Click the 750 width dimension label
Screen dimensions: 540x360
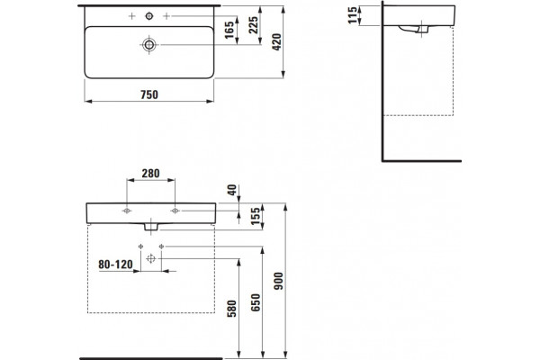coord(149,94)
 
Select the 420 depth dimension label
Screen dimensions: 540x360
coord(277,42)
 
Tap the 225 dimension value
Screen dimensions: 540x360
coord(254,25)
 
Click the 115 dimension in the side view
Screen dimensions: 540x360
coord(353,15)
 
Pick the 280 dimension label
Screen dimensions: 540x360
coord(150,174)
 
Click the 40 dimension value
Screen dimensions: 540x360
coord(232,190)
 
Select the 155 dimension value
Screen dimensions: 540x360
coord(256,216)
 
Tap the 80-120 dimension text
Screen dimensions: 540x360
coord(115,265)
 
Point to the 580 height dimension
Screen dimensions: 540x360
coord(232,309)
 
